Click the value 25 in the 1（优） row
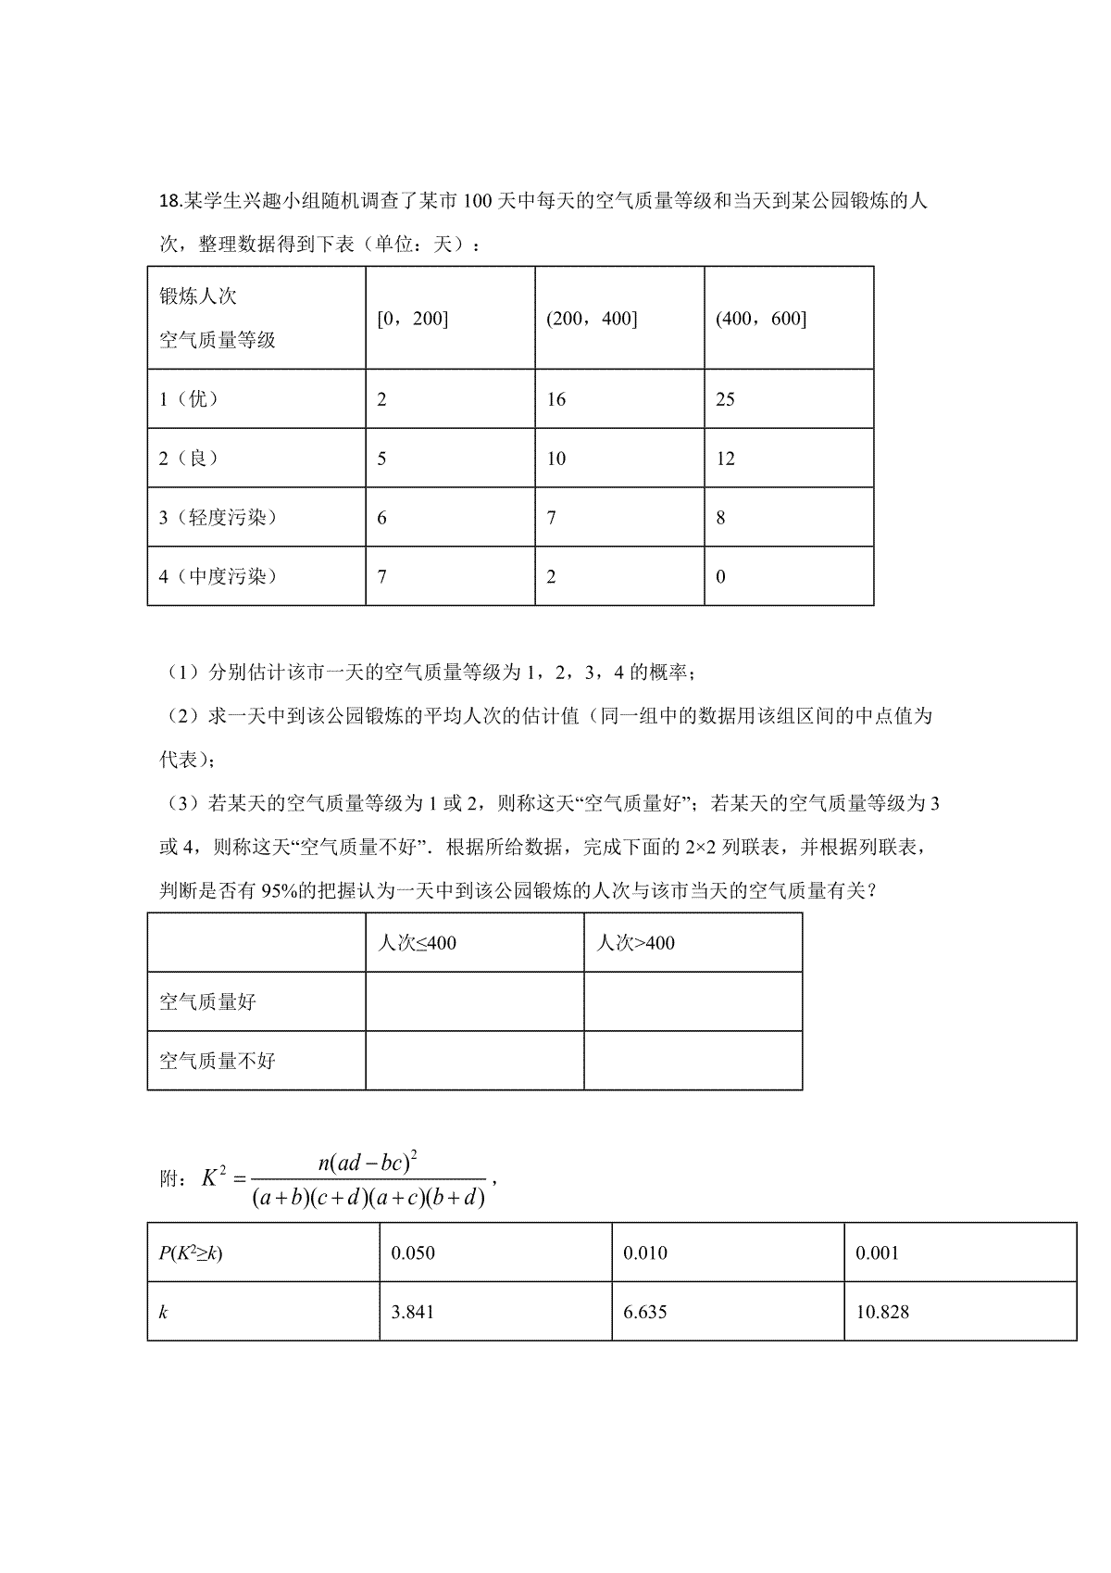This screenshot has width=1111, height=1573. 726,399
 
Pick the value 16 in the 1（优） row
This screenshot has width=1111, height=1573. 556,399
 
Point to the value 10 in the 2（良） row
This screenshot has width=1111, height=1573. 556,459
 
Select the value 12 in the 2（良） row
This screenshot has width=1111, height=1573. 726,459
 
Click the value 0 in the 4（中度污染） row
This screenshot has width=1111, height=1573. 721,577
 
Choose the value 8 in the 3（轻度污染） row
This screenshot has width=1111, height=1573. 721,518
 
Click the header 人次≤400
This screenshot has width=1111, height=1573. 418,943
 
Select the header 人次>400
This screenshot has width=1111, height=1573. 635,943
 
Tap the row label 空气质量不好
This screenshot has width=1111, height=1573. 218,1061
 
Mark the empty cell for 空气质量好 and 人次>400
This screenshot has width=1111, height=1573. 693,1001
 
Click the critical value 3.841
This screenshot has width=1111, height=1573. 413,1312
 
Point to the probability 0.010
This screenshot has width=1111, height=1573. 645,1253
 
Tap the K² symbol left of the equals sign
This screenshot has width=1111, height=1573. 215,1177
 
